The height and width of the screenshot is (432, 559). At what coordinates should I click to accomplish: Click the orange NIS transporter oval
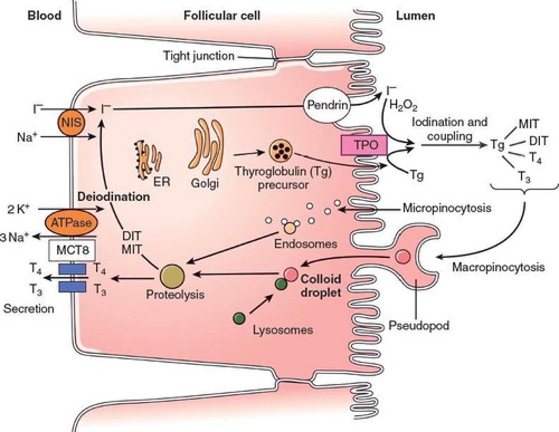click(x=71, y=123)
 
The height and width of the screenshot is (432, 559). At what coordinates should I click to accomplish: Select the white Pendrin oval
click(x=327, y=105)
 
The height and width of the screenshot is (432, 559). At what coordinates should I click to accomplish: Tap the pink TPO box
click(x=365, y=145)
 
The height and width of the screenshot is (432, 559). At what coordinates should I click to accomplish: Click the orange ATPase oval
click(x=71, y=223)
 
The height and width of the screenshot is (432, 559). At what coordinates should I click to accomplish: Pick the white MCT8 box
click(x=73, y=250)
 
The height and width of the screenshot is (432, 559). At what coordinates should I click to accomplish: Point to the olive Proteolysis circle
click(x=172, y=276)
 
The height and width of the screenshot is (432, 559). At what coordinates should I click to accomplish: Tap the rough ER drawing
click(x=148, y=159)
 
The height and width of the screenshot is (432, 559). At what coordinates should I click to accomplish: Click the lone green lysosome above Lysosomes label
click(x=239, y=318)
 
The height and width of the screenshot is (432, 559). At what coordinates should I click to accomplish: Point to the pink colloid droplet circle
click(x=291, y=274)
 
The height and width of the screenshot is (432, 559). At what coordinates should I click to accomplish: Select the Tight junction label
click(x=198, y=56)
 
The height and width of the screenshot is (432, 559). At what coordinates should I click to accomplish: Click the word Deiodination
click(x=113, y=197)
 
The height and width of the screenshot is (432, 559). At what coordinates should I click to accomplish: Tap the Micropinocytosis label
click(x=446, y=208)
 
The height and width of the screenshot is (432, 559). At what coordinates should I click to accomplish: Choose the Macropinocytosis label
click(x=498, y=267)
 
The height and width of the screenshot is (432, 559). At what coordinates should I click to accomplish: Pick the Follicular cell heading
click(x=222, y=16)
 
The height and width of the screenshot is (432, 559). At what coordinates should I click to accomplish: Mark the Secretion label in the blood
click(x=29, y=309)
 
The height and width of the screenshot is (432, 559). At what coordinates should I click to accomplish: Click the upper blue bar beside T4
click(x=72, y=268)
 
